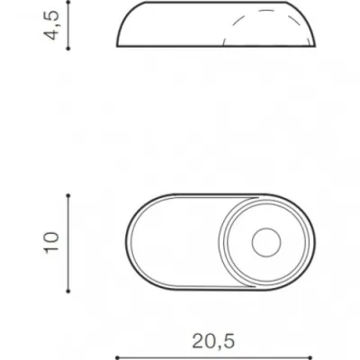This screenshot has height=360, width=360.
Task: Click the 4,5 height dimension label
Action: pos(51,26)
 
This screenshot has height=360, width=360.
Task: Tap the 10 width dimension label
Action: pos(51,243)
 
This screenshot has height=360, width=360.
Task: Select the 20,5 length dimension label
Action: pos(213,341)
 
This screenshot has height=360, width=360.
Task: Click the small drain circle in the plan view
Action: pos(266,243)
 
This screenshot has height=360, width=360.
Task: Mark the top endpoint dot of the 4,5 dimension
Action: pos(68,2)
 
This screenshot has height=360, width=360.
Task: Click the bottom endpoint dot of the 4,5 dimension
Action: pos(68,48)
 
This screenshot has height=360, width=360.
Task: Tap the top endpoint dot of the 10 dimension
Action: pos(68,195)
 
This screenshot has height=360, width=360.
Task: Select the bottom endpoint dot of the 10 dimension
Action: pos(68,291)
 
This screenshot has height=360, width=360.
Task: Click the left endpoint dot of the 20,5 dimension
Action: pos(117,358)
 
